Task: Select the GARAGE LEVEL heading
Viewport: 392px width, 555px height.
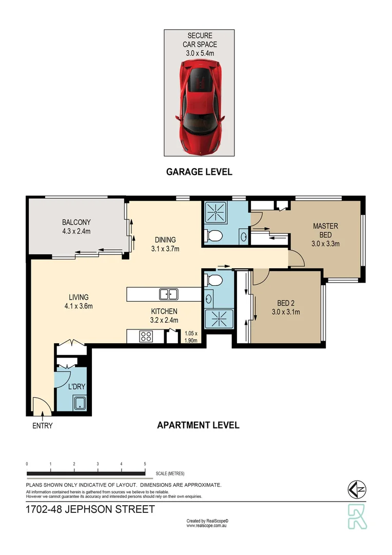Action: (x=199, y=172)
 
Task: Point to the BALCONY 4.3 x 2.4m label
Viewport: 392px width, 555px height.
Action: (x=76, y=227)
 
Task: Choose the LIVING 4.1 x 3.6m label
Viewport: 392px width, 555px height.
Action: (x=79, y=302)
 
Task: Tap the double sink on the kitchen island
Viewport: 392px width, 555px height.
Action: (x=168, y=294)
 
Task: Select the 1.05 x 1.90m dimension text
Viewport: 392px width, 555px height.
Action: (x=191, y=337)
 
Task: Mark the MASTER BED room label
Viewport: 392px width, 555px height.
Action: (x=325, y=235)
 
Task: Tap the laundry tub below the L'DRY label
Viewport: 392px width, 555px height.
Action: (x=80, y=403)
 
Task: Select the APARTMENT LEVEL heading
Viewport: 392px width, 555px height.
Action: (x=198, y=425)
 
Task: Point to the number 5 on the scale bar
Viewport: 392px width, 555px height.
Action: (x=145, y=464)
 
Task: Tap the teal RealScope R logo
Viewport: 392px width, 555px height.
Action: (x=358, y=516)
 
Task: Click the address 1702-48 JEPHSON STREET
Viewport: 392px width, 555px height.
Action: (x=90, y=510)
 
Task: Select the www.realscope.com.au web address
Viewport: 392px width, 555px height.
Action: (x=207, y=526)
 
